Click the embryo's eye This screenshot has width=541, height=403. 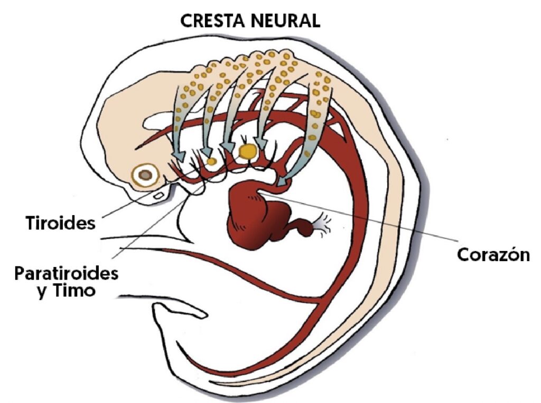pyautogui.click(x=145, y=175)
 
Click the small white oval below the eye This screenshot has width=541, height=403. pyautogui.click(x=158, y=195)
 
